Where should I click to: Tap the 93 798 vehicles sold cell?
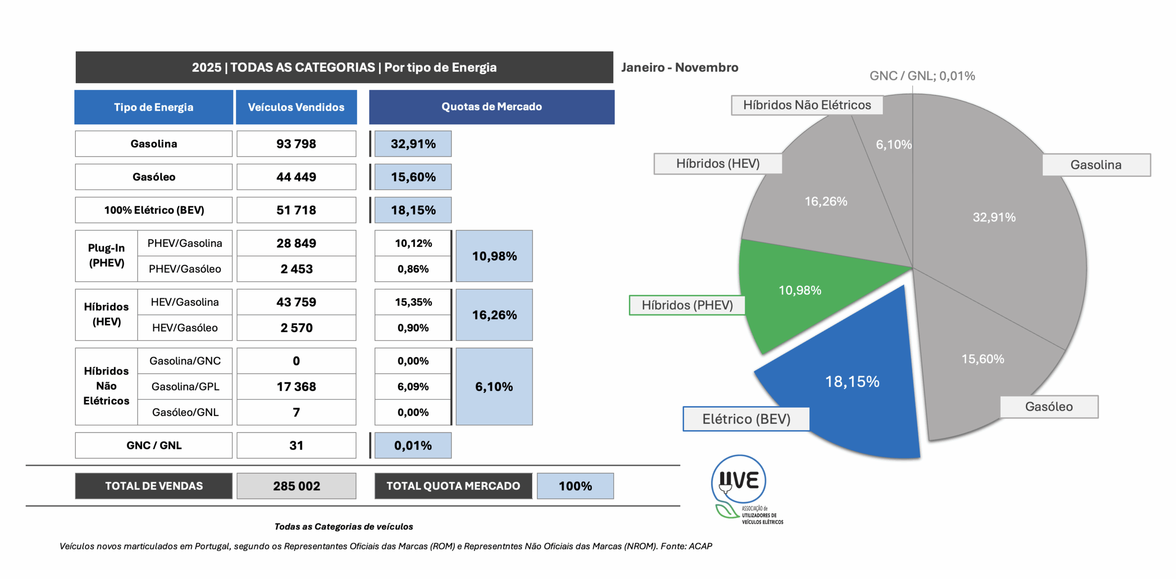point(296,144)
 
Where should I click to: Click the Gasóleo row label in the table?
point(154,177)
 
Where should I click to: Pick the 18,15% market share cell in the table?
point(413,210)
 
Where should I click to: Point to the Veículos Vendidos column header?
point(296,107)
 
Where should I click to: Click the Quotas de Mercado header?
point(492,107)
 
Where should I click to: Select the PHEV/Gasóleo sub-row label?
point(185,269)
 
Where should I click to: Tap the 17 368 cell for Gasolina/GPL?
point(296,386)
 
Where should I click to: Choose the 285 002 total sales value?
point(296,486)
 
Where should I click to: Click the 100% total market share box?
point(575,486)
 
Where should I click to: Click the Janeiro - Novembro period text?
point(680,68)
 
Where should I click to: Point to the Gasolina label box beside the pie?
point(1096,165)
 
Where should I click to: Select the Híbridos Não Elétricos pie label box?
point(807,105)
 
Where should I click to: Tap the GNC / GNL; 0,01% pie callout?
point(922,76)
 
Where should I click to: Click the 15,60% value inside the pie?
point(983,359)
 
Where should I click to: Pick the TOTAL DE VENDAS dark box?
point(154,486)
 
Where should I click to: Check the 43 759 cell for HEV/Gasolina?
point(296,302)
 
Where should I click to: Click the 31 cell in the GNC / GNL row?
point(296,445)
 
